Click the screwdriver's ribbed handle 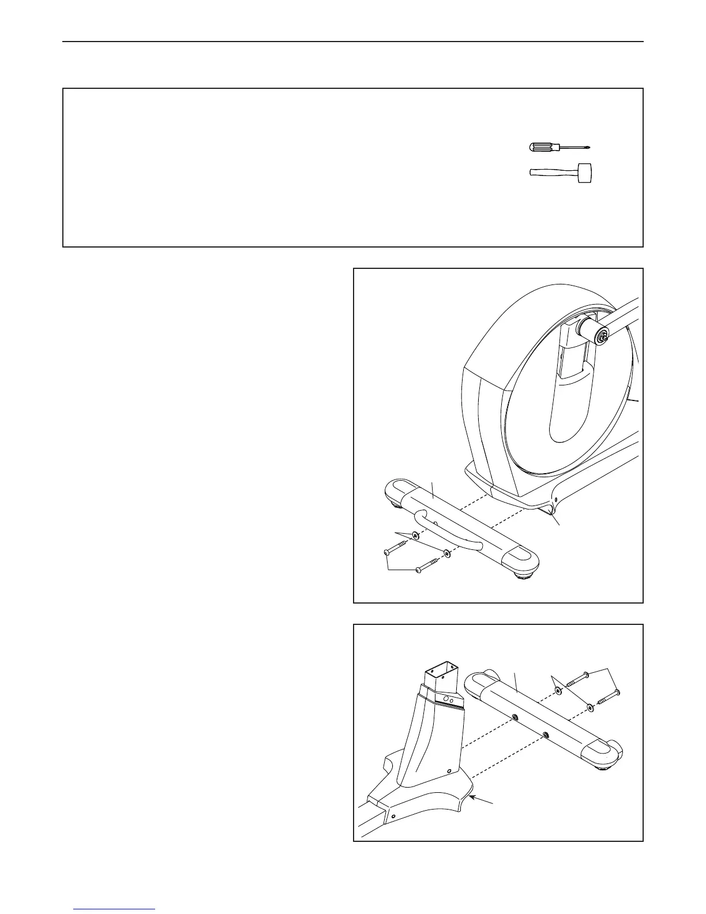(543, 147)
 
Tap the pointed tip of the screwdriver (591, 148)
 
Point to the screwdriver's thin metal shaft (573, 147)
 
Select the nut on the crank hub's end (603, 336)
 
